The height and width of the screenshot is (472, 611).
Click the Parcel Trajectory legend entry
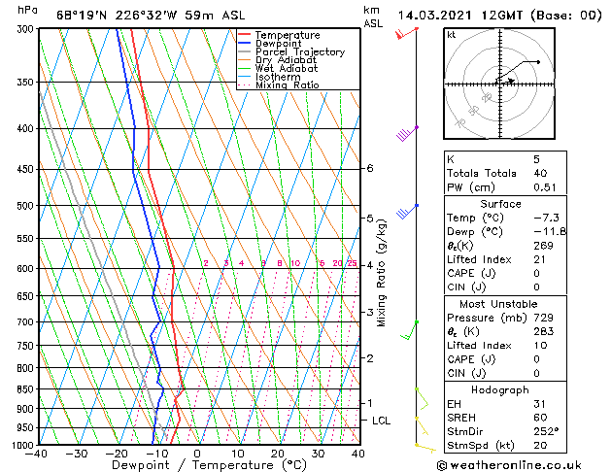point(299,51)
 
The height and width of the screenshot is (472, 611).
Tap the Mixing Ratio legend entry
point(287,85)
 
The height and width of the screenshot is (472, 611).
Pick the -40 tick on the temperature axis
point(38,454)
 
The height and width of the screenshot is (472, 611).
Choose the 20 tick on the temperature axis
point(278,454)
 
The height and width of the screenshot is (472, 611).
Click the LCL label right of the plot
point(382,421)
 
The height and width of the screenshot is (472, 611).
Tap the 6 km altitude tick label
point(369,168)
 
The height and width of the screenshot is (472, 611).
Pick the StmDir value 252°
point(540,431)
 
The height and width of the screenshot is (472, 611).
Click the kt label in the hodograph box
point(452,34)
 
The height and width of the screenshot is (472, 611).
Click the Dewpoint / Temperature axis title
point(198,465)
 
